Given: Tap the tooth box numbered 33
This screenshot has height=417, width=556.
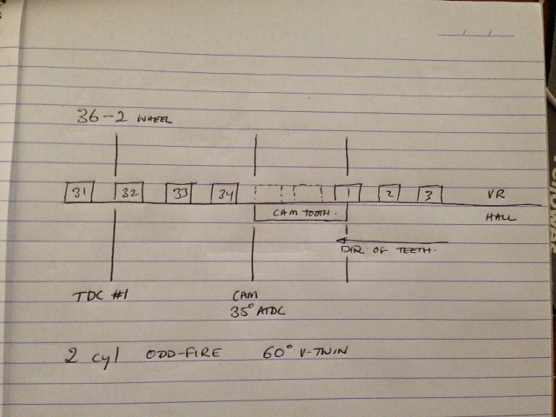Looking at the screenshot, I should coord(179,193).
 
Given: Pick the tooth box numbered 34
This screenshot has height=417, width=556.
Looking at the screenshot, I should coord(224,193).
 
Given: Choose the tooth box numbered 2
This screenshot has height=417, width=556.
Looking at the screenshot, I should coord(390,193).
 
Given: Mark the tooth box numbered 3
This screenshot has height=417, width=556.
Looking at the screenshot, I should coord(429,193).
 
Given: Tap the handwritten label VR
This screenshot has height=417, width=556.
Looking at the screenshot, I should coord(497,195).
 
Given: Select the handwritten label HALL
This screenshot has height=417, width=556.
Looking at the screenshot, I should coord(500,217).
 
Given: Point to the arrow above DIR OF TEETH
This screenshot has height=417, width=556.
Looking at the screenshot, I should coord(391,241).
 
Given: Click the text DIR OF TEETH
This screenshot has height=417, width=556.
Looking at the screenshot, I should coord(385,251).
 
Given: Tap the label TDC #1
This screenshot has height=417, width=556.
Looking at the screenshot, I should coord(100,295).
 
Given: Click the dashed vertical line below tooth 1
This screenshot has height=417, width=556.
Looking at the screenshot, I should coord(347,252).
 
